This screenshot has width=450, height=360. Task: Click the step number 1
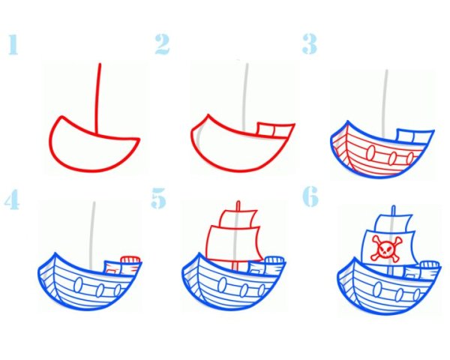tap(13, 44)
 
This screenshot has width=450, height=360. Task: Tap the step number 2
tap(162, 44)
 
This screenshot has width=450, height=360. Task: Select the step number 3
tap(309, 44)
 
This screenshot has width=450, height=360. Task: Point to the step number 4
tap(12, 199)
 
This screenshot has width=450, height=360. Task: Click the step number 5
tap(159, 198)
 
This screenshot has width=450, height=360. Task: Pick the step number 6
tap(310, 196)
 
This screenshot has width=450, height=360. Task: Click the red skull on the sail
tap(385, 249)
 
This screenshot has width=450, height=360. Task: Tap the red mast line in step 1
tap(97, 98)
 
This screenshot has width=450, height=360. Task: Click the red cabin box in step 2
tap(274, 130)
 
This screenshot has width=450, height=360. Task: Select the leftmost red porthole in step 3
tap(370, 152)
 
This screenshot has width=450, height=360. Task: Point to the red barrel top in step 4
tap(130, 259)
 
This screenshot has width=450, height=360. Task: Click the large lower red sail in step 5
tap(234, 244)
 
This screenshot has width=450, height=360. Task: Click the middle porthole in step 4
tap(100, 290)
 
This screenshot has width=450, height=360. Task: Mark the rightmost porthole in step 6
tap(417, 294)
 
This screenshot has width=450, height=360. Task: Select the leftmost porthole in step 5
tap(221, 285)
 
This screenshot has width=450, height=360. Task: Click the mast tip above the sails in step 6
tap(394, 209)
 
